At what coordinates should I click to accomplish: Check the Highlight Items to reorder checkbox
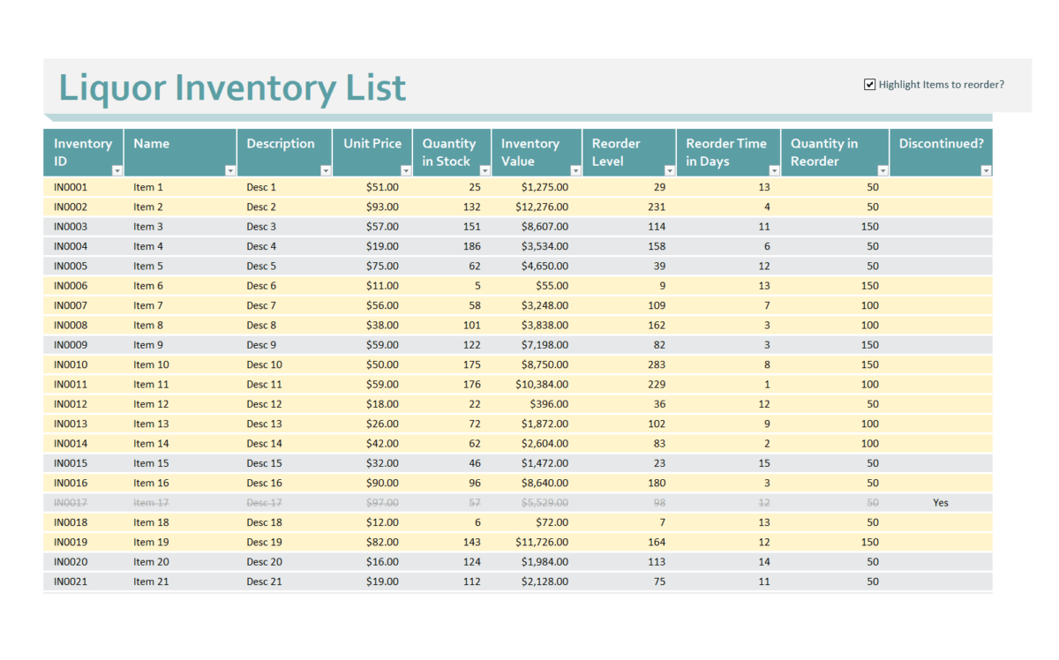869,85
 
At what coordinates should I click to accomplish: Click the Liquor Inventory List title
232,88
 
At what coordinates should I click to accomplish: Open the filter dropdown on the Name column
230,170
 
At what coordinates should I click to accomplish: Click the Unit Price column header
372,144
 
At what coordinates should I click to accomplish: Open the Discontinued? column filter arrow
986,170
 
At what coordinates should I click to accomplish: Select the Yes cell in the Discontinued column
941,503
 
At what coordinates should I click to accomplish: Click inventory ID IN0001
71,187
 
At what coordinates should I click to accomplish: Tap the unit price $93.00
382,207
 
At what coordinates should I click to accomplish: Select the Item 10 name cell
151,364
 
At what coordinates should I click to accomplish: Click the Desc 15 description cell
264,463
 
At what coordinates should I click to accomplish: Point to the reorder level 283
655,364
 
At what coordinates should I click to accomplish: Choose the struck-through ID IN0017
71,503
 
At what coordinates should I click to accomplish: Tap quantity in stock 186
471,246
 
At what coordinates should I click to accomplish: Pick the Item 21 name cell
151,581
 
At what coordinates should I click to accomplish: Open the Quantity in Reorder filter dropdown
882,170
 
